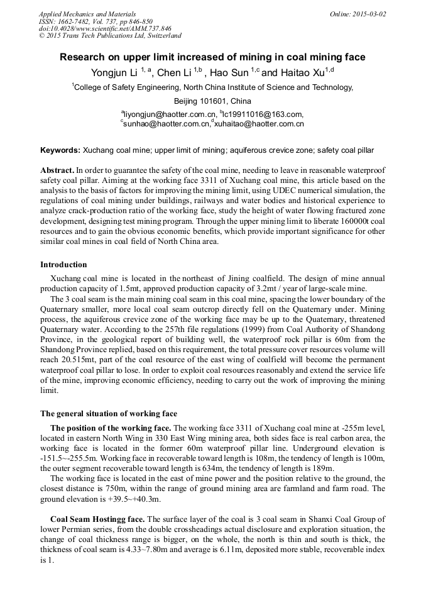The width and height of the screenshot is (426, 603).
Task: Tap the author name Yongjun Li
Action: [115, 73]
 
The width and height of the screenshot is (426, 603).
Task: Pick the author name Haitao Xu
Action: [300, 73]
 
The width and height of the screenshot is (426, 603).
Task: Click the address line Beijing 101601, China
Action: [212, 101]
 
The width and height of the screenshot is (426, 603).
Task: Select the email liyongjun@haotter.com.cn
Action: [170, 114]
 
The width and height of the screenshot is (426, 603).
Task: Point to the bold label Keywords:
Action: [60, 151]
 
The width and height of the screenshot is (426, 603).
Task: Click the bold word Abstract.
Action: [57, 171]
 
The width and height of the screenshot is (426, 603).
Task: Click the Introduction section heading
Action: [63, 265]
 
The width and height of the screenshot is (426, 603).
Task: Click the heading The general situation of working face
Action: [109, 414]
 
